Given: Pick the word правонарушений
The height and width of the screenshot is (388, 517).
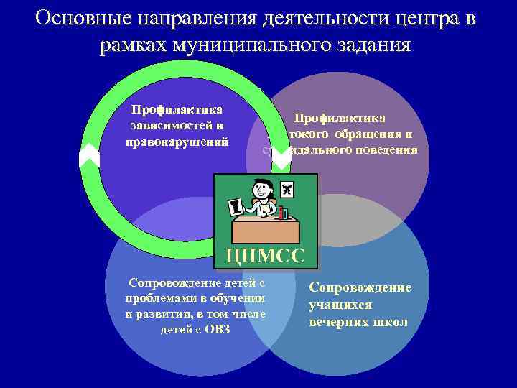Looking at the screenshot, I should [x=177, y=142].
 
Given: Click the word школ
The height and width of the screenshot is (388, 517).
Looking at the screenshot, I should [x=390, y=322].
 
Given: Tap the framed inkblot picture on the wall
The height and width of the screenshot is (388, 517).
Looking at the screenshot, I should [x=287, y=189].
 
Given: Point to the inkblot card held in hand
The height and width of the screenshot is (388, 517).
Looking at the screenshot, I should [x=234, y=209].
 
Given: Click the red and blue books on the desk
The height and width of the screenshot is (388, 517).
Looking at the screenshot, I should [x=283, y=213].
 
